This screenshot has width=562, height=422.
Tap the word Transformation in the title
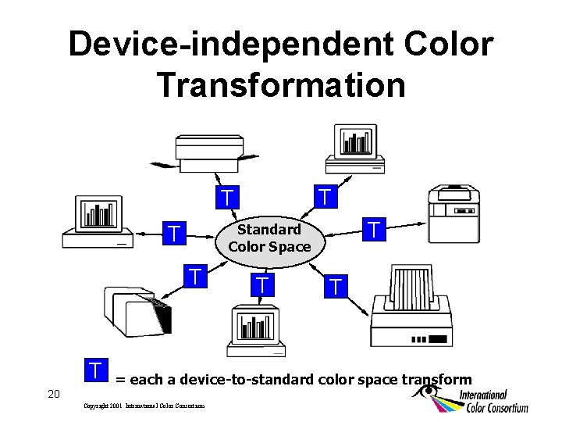(281, 84)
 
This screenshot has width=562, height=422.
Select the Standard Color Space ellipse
(269, 238)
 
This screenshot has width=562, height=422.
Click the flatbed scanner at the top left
(209, 152)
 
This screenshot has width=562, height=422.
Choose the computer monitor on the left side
(98, 221)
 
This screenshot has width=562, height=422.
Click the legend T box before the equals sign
(95, 369)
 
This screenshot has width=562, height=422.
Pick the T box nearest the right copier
(375, 230)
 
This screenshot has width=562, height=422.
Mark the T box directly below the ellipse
(264, 284)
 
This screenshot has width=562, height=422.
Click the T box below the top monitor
(325, 195)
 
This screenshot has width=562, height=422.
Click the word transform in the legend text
(436, 380)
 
